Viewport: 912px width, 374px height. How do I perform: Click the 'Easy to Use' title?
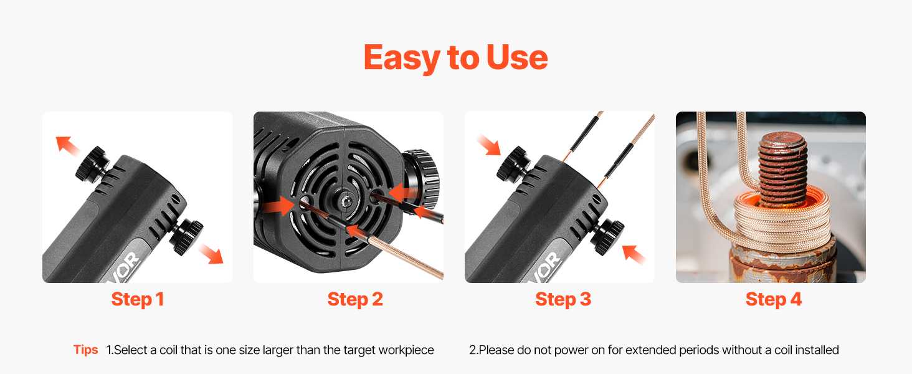pos(455,57)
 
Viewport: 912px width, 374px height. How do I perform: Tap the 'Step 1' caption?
pos(138,299)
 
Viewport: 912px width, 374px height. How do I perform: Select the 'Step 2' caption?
pos(355,299)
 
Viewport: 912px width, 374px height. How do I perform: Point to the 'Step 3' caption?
pos(563,299)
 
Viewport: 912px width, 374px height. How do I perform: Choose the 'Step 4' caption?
pos(774,299)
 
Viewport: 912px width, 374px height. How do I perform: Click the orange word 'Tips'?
pos(85,350)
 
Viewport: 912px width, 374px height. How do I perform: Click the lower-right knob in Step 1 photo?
pos(186,236)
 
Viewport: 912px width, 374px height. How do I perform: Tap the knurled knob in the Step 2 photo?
pos(421,180)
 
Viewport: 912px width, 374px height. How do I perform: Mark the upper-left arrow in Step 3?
pos(488,145)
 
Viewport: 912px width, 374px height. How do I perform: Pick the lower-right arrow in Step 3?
pos(634,254)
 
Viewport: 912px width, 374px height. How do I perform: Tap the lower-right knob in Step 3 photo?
pos(607,237)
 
